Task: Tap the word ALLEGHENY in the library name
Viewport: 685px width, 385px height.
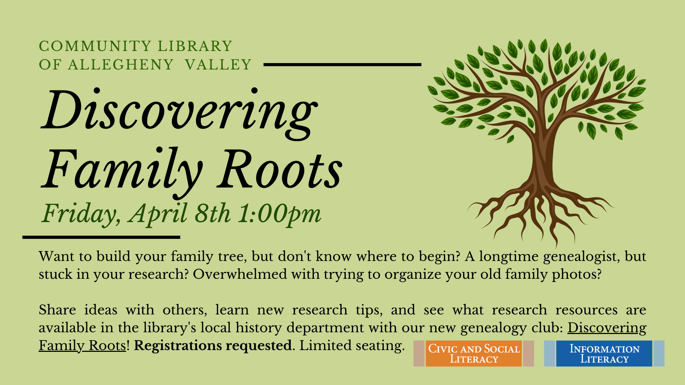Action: tap(121, 65)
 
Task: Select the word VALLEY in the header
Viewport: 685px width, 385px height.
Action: tap(218, 65)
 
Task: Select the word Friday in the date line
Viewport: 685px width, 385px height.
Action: tap(81, 214)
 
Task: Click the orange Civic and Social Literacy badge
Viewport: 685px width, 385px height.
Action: tap(474, 353)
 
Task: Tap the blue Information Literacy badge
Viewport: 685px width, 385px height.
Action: tap(604, 353)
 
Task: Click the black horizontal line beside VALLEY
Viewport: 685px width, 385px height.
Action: tap(342, 65)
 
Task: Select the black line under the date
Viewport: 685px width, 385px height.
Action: tap(101, 237)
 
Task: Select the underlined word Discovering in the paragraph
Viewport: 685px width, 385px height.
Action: tap(607, 328)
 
